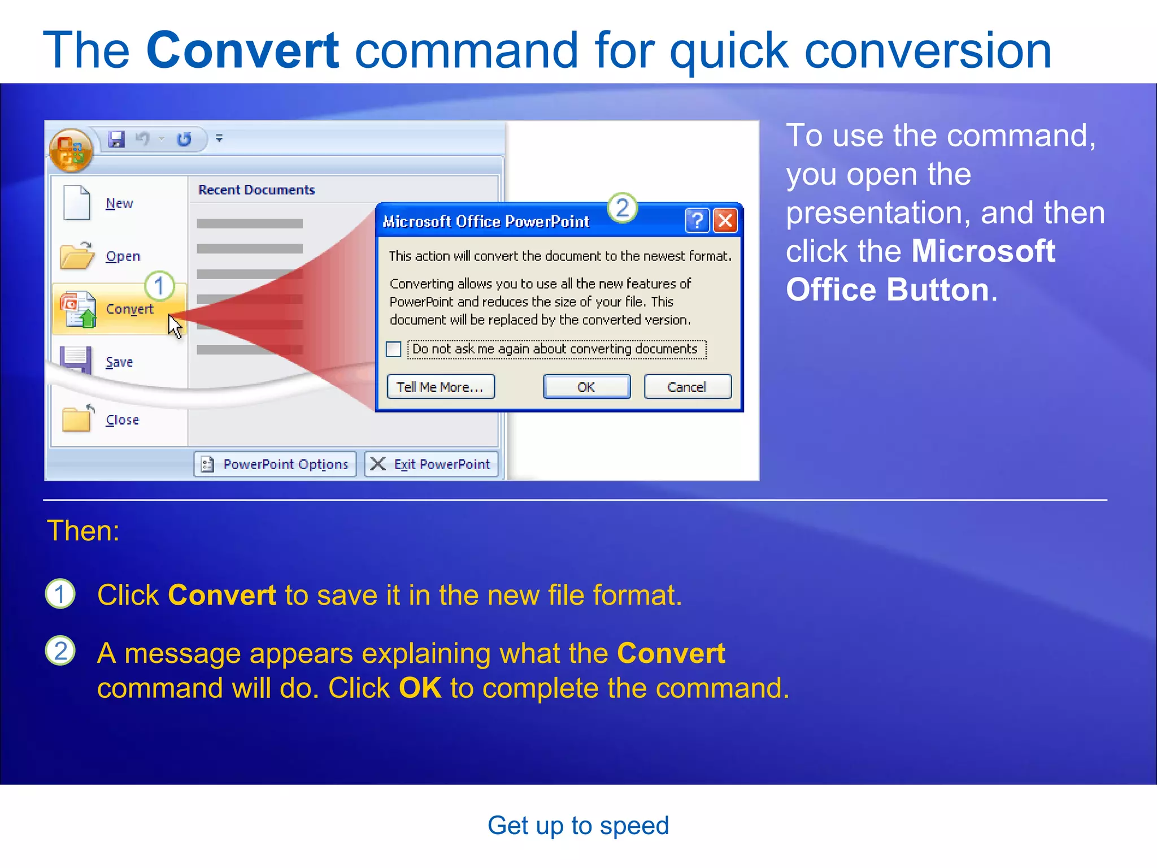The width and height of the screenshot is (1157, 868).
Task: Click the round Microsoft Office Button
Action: coord(71,150)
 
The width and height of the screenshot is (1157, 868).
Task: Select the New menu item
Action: coord(119,203)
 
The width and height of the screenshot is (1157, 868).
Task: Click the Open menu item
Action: coord(122,257)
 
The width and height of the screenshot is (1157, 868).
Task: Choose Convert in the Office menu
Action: coord(129,309)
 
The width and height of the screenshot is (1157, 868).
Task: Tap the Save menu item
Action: coord(119,362)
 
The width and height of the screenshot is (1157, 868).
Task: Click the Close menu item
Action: coord(121,420)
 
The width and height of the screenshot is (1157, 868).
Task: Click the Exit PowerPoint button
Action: coord(432,464)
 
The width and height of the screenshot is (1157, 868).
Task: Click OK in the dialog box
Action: coord(586,387)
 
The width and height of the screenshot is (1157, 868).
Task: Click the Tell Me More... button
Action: coord(440,387)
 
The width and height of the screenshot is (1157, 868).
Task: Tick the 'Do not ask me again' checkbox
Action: coord(394,349)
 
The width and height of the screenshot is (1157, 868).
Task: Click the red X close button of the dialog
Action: coord(725,220)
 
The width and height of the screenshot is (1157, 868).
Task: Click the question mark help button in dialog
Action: coord(697,220)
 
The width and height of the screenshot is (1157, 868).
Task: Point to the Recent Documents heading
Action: coord(256,190)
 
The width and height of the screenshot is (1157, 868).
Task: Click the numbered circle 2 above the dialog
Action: coord(622,208)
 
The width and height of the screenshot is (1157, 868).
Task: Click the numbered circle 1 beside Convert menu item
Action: coord(159,286)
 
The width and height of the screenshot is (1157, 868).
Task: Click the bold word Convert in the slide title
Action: coord(242,50)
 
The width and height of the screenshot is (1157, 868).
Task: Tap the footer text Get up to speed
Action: coord(578,826)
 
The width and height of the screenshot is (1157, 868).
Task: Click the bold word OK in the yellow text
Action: coord(420,688)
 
